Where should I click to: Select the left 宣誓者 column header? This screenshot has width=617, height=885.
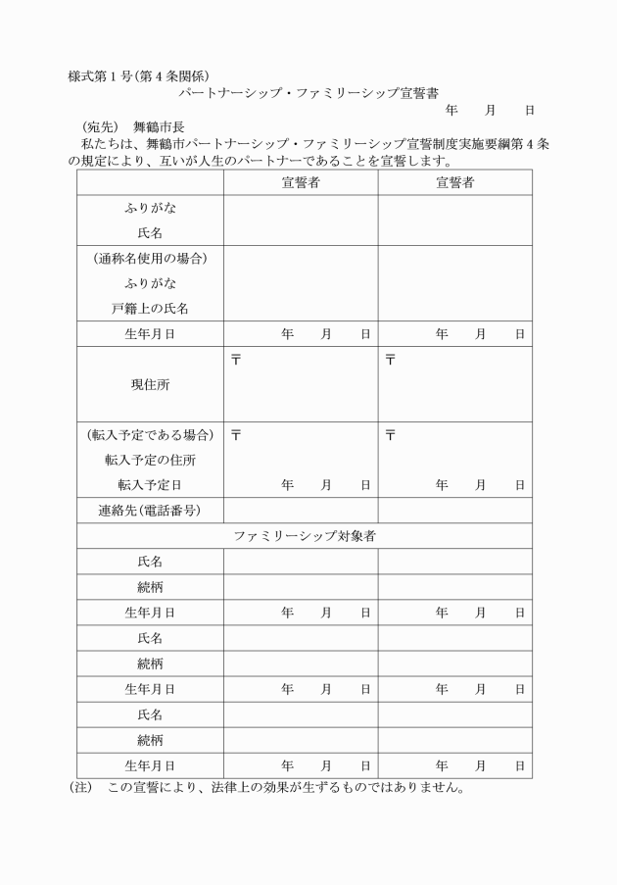click(x=300, y=182)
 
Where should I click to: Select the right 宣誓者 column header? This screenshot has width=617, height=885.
click(x=454, y=182)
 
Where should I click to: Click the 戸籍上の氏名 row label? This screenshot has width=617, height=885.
click(x=150, y=308)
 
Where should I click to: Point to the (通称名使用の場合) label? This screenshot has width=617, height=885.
click(x=150, y=259)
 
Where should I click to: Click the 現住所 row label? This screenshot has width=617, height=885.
click(x=150, y=385)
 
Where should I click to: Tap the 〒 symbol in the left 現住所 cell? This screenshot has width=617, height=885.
click(x=235, y=360)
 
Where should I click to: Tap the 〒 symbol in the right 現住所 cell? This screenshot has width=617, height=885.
click(x=390, y=360)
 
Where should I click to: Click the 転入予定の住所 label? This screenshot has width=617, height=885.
click(x=150, y=460)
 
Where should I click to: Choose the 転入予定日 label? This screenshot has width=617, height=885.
click(x=150, y=484)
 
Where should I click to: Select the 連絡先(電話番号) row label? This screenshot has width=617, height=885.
click(x=150, y=511)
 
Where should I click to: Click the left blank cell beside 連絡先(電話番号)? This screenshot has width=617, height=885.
click(x=300, y=511)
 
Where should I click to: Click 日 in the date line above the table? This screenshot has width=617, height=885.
click(x=530, y=111)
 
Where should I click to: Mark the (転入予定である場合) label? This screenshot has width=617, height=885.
click(x=150, y=434)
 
